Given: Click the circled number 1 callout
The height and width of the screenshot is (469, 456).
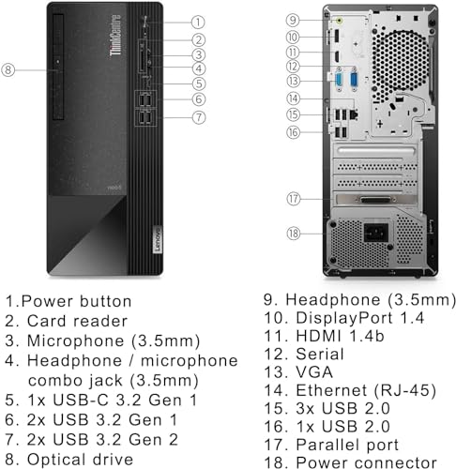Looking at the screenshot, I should click(x=198, y=21).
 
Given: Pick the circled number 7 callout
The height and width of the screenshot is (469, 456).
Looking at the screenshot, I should click(x=198, y=117).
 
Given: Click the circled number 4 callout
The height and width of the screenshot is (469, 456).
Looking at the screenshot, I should click(x=198, y=68).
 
